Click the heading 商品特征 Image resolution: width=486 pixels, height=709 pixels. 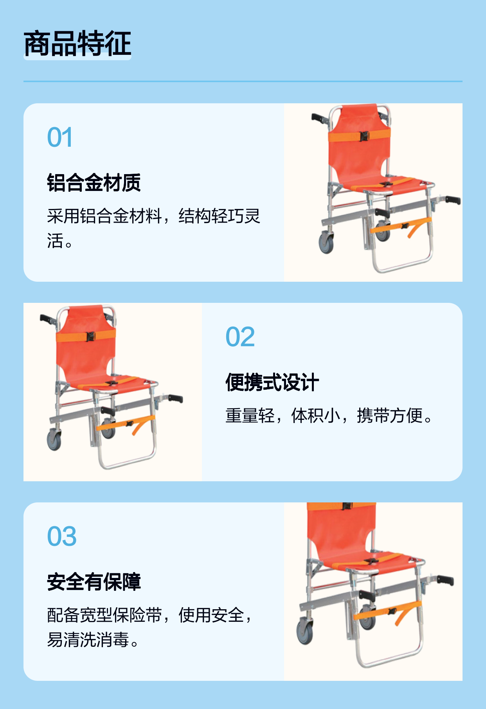pyautogui.click(x=77, y=43)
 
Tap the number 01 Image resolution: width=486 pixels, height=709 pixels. pyautogui.click(x=60, y=137)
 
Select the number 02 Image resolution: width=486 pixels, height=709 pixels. pyautogui.click(x=240, y=337)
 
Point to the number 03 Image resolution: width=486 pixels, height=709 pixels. pyautogui.click(x=62, y=536)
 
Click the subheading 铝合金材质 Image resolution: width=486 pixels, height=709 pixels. pyautogui.click(x=94, y=183)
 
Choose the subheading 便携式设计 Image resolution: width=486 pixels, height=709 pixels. pyautogui.click(x=272, y=382)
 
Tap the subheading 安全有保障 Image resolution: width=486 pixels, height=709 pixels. pyautogui.click(x=94, y=582)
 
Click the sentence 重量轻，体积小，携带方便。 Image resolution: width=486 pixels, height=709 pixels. pyautogui.click(x=329, y=416)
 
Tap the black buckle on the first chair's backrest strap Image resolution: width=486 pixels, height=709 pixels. pyautogui.click(x=364, y=136)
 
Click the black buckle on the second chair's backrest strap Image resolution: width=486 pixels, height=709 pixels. pyautogui.click(x=91, y=337)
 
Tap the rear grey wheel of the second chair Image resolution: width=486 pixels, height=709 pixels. pyautogui.click(x=54, y=440)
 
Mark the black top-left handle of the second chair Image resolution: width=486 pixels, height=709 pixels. pyautogui.click(x=48, y=319)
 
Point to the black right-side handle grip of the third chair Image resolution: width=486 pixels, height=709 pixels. pyautogui.click(x=445, y=580)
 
